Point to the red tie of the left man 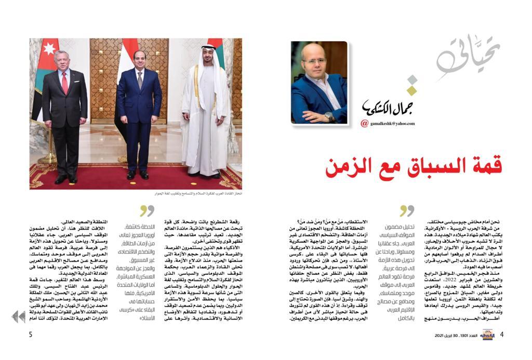point(65,83)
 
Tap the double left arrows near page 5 point(18,316)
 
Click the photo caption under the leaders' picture point(199,193)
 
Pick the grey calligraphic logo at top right point(468,57)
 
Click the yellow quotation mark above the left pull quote point(147,210)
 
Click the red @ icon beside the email point(365,124)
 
